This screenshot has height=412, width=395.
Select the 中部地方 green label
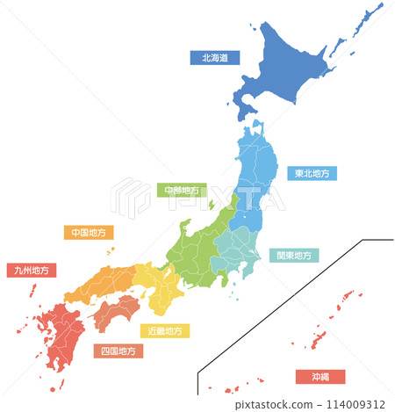click(182, 190)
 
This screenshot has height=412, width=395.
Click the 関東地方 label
click(293, 256)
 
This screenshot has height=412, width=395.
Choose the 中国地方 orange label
click(89, 233)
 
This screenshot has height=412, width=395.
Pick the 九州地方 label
click(32, 271)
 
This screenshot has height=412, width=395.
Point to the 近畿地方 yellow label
click(165, 331)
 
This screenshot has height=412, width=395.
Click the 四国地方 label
click(118, 351)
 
